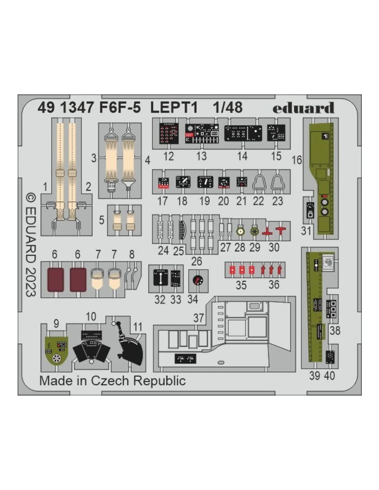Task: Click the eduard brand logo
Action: (x=303, y=108)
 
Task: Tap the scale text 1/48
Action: (x=227, y=107)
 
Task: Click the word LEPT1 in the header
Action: (x=174, y=107)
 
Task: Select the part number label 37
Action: (x=198, y=318)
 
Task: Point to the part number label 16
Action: (x=297, y=160)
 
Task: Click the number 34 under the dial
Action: (x=193, y=299)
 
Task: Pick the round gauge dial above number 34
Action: (x=198, y=280)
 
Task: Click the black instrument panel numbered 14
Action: (x=243, y=133)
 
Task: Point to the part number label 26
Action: (x=196, y=261)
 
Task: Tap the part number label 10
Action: (x=91, y=317)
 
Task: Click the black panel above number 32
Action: (x=160, y=278)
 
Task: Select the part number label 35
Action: (x=241, y=285)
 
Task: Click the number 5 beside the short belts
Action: (x=102, y=220)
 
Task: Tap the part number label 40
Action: (x=329, y=376)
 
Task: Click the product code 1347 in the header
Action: (x=76, y=107)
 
